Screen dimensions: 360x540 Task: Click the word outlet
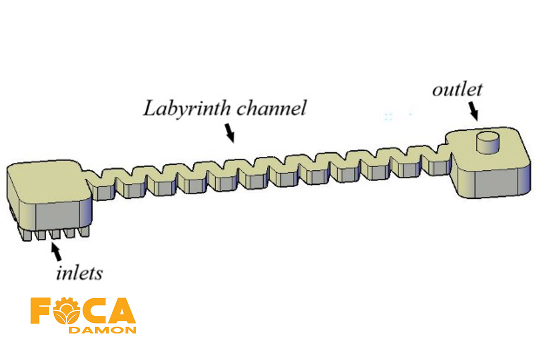point(457,90)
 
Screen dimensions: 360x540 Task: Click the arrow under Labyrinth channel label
point(229,132)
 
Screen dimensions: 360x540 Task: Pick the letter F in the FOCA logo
point(41,311)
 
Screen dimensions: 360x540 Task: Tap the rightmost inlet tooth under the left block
point(84,231)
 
